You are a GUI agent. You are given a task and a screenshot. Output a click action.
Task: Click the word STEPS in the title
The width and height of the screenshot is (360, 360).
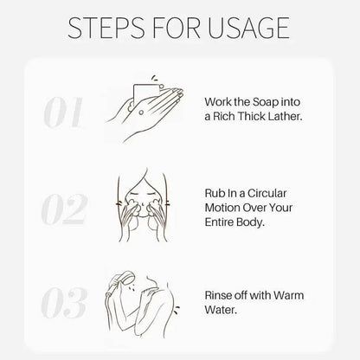pyautogui.click(x=106, y=28)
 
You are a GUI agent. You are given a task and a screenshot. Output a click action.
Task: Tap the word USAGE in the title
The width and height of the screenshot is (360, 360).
pyautogui.click(x=248, y=28)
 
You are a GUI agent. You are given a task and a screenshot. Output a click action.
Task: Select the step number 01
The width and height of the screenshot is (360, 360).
pyautogui.click(x=63, y=112)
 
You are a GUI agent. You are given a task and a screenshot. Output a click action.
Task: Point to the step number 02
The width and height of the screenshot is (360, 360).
pyautogui.click(x=64, y=209)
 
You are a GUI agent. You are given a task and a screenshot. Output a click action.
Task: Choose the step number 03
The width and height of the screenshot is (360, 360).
pyautogui.click(x=64, y=302)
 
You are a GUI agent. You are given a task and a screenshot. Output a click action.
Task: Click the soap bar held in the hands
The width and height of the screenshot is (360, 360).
pyautogui.click(x=145, y=93)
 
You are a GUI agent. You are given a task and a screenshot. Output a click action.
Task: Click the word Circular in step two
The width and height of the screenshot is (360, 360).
pyautogui.click(x=267, y=193)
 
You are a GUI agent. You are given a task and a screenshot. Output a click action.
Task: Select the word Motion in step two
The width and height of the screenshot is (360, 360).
pyautogui.click(x=222, y=208)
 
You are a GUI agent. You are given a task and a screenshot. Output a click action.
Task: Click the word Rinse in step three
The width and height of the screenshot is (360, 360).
pyautogui.click(x=218, y=295)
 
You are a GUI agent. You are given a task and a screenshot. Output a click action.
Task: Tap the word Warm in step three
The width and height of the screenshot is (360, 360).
pyautogui.click(x=288, y=295)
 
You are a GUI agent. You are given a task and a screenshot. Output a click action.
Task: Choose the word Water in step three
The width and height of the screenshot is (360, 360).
pyautogui.click(x=221, y=310)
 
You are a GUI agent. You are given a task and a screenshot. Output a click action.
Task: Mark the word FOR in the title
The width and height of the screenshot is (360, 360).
pyautogui.click(x=177, y=28)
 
